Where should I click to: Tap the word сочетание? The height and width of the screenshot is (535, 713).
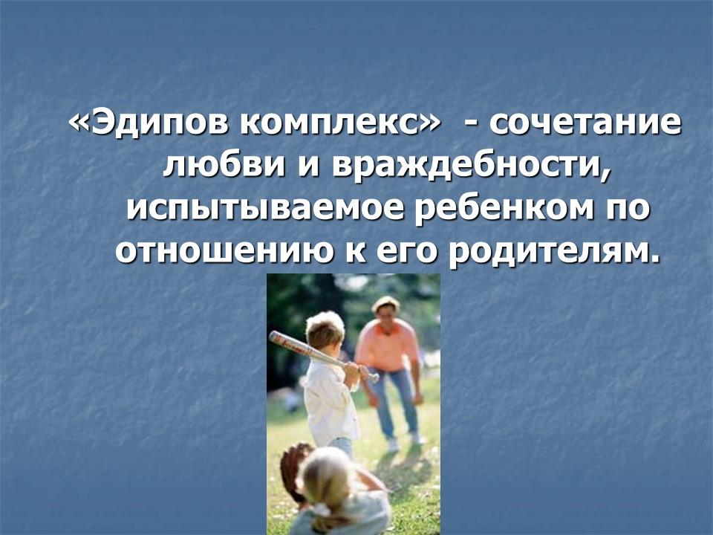(x=584, y=123)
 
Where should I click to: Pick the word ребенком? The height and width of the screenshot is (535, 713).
(x=497, y=209)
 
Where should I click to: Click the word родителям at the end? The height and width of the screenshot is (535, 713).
(x=565, y=252)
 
